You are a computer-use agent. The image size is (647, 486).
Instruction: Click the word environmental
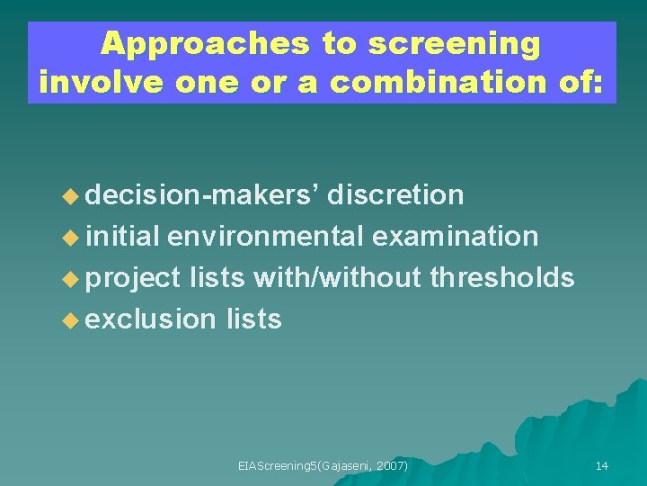pos(265,237)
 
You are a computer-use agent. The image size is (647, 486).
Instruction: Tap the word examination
pos(456,237)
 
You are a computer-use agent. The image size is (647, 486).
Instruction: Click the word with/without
pos(337,278)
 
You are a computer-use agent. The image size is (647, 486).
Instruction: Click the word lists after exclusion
pos(254,319)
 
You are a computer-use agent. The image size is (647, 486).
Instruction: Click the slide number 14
pos(601,465)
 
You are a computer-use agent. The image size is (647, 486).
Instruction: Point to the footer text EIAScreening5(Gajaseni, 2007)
pos(323,465)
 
